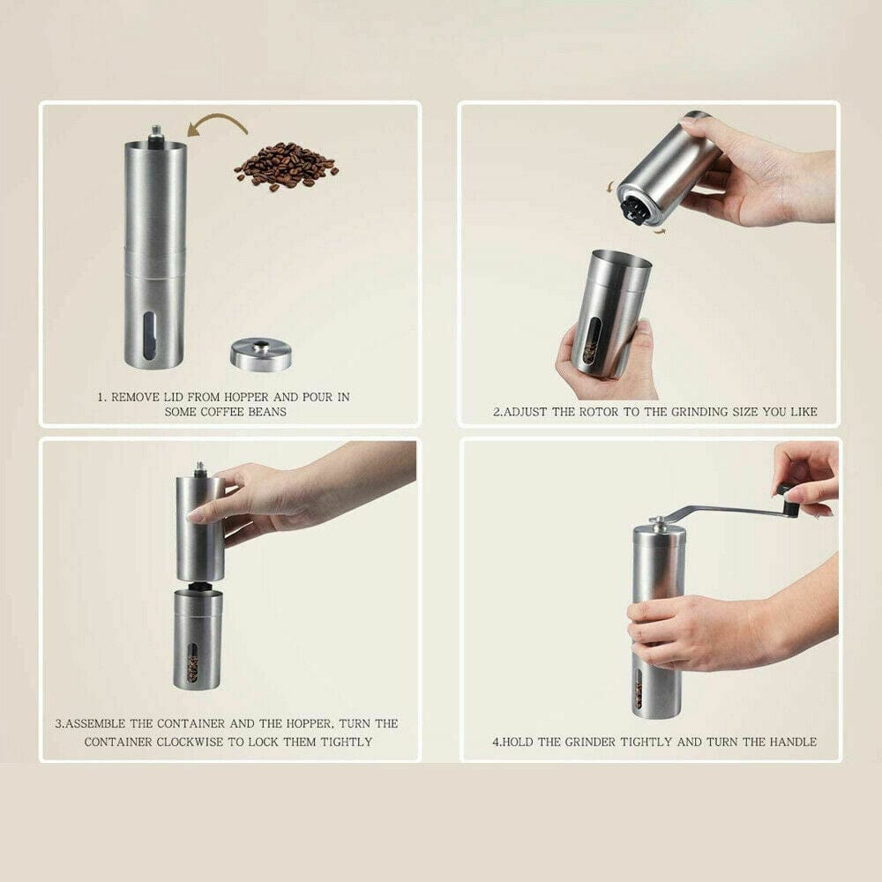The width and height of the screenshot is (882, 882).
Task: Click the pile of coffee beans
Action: tap(285, 165)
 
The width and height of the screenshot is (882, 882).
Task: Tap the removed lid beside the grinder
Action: tap(261, 353)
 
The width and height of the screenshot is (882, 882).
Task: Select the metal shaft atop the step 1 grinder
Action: tap(156, 134)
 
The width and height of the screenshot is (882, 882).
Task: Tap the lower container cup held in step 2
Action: tap(609, 313)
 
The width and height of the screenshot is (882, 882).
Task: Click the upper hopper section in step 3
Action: tap(199, 529)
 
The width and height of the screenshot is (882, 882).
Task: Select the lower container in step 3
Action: tap(198, 639)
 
